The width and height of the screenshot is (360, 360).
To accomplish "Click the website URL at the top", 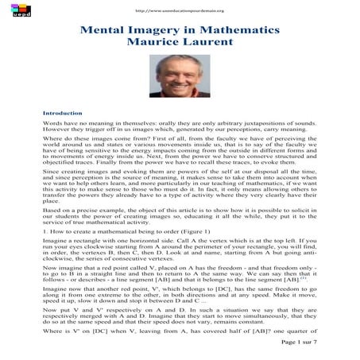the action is tap(180, 10).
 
